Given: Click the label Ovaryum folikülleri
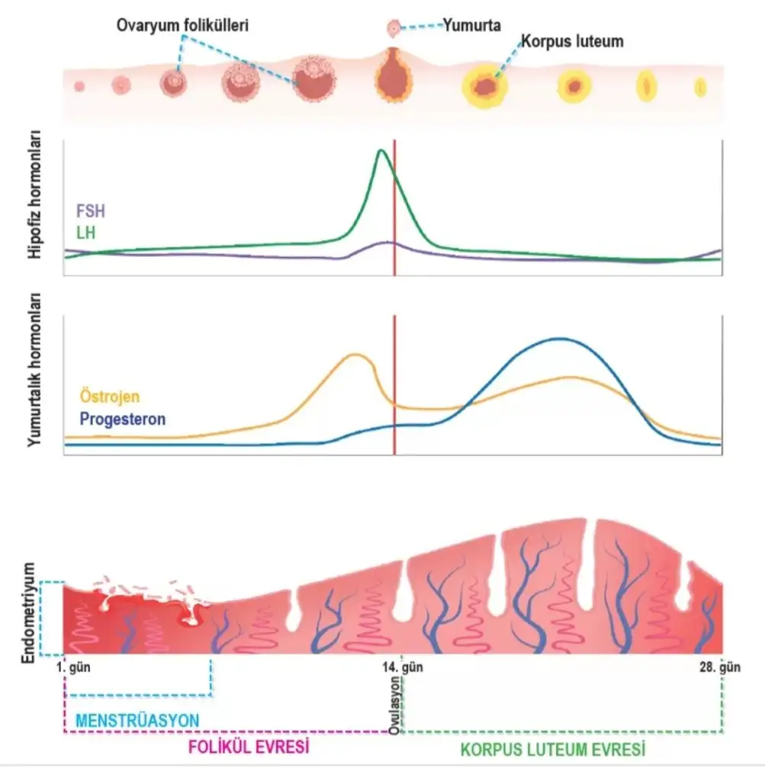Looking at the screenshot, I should coord(183,26).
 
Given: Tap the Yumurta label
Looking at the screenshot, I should coord(472,26).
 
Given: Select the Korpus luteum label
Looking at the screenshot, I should coord(571,42).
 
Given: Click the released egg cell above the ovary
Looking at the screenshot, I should coord(394,29).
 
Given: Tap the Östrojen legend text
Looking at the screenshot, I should coord(110,397).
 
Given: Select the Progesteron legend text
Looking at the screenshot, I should coord(122,419).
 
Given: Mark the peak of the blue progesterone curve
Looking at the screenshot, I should coord(561,339).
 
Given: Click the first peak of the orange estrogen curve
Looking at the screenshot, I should coord(355,355).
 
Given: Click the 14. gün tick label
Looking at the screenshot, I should coord(402,667).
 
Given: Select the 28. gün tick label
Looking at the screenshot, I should coord(719,667).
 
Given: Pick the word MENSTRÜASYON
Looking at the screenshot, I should coord(137,720).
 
